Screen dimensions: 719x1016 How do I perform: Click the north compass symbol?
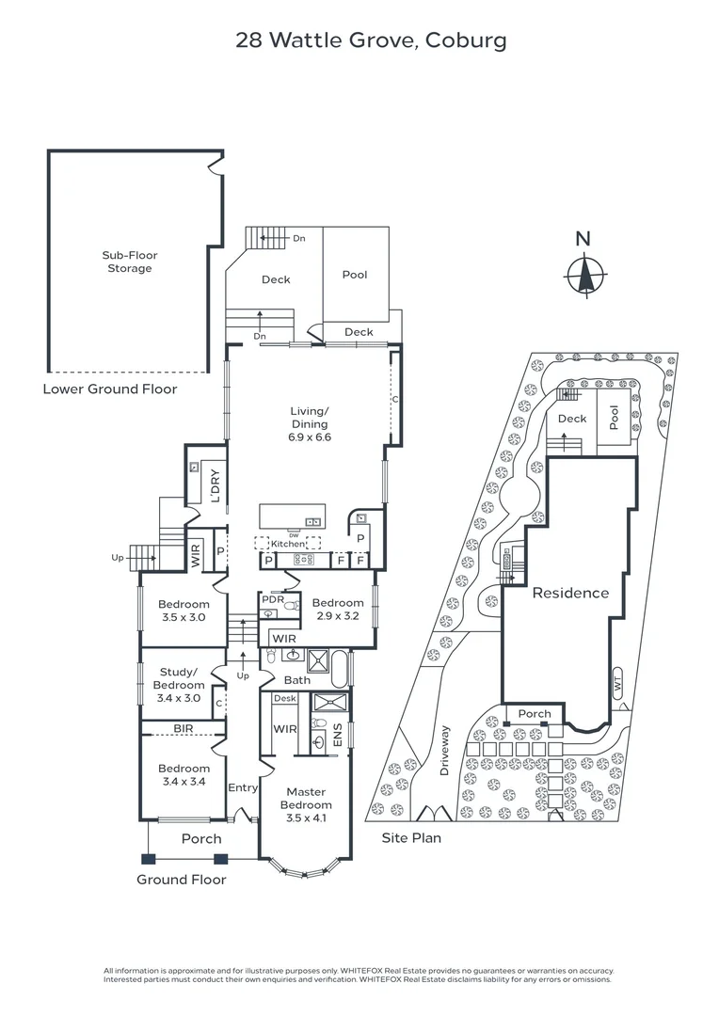(586, 276)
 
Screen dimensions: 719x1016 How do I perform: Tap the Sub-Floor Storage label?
(130, 262)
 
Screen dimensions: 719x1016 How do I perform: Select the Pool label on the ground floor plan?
(355, 275)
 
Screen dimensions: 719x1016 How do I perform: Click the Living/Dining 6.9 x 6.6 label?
(310, 423)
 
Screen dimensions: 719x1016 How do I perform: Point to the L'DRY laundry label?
(216, 486)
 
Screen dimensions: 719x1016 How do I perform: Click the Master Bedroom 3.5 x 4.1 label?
(306, 804)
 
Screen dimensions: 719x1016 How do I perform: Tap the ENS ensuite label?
(337, 735)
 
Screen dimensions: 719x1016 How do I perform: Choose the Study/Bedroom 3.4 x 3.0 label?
(179, 685)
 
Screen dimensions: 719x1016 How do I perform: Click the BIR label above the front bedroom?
(184, 728)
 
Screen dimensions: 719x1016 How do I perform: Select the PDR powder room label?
(273, 599)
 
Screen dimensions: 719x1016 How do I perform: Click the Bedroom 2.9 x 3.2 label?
(338, 609)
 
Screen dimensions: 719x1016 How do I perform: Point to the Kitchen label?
(288, 545)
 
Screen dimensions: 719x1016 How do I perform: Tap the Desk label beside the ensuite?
(284, 698)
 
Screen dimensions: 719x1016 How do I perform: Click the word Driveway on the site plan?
(444, 751)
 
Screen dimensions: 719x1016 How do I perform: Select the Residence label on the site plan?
(570, 593)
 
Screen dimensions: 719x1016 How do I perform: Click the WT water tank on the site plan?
(617, 684)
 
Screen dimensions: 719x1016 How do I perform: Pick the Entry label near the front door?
(243, 788)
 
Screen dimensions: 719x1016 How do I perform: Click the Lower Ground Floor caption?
(110, 389)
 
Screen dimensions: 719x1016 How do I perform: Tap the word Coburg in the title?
(466, 40)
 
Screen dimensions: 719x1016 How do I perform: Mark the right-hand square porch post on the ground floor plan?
(221, 859)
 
